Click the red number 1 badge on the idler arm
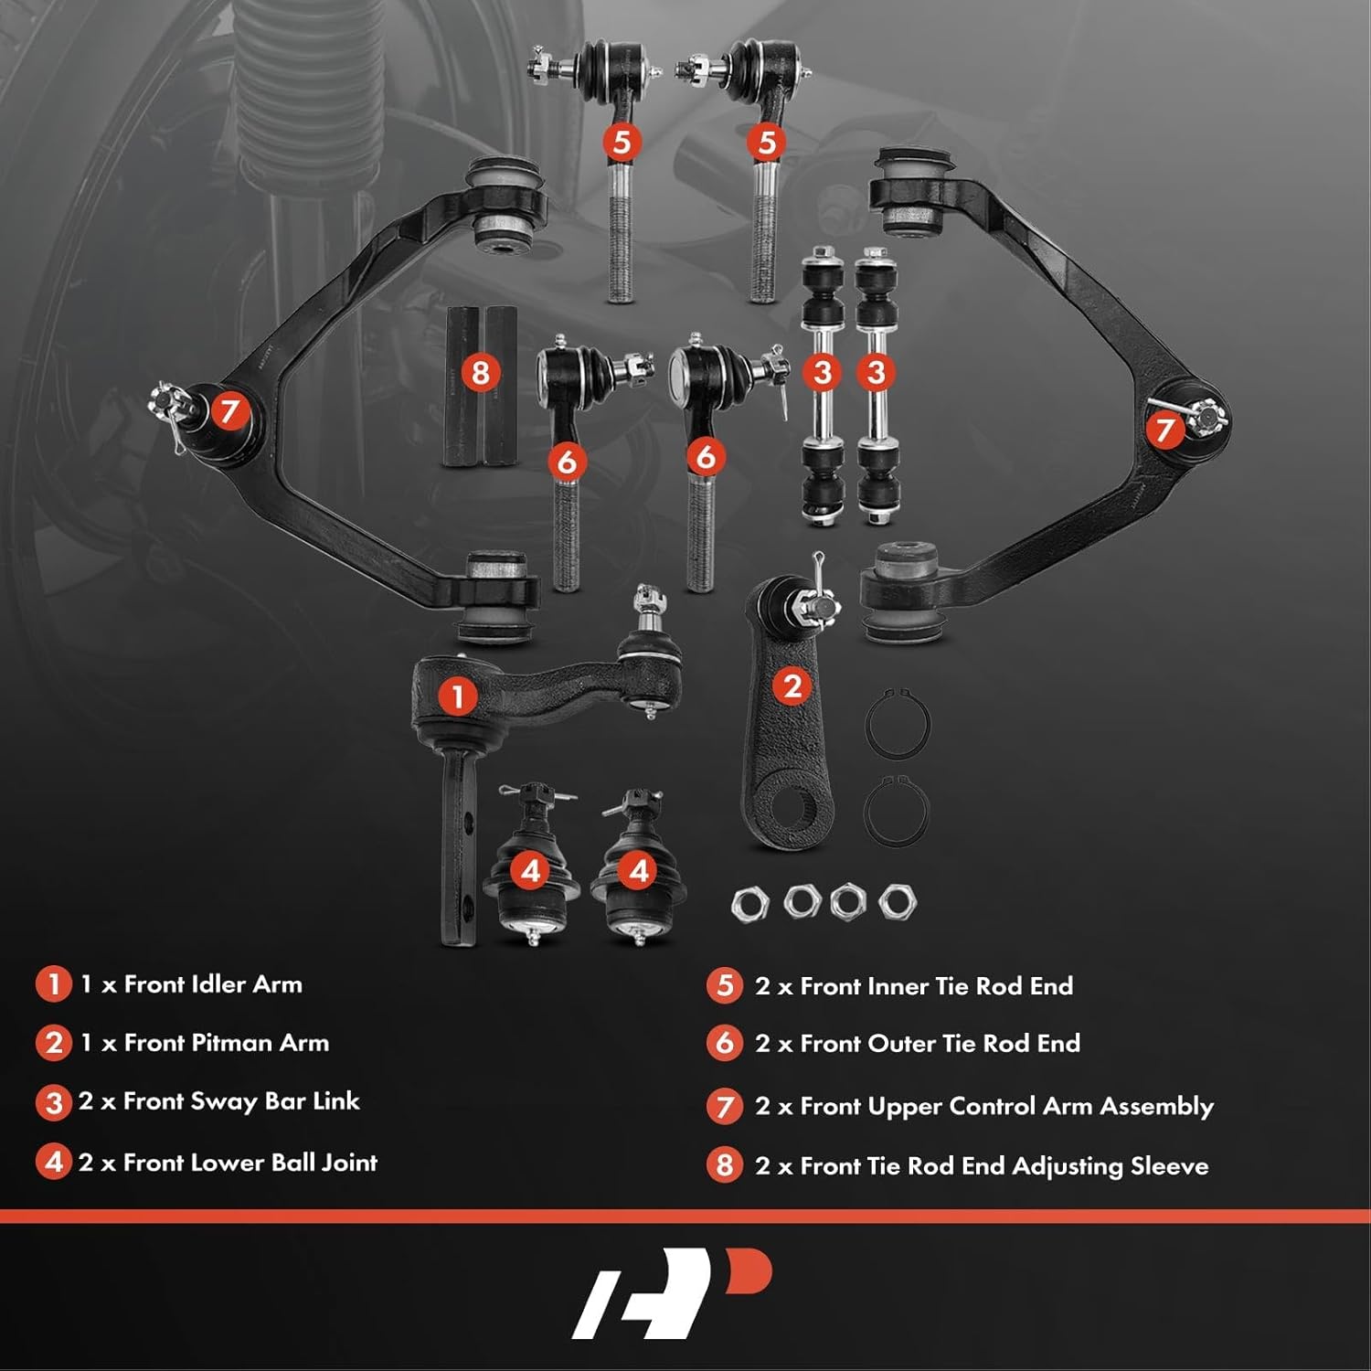click(457, 697)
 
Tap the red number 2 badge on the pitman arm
click(792, 685)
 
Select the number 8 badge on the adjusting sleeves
click(481, 372)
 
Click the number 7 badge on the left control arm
click(229, 410)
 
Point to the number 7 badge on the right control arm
click(1164, 430)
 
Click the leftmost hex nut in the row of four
click(749, 904)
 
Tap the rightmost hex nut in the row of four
click(897, 902)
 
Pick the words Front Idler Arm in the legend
click(212, 984)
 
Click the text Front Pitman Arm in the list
click(226, 1043)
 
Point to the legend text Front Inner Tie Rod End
click(936, 986)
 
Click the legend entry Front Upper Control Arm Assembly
click(1006, 1107)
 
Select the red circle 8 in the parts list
click(725, 1165)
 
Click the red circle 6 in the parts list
click(725, 1044)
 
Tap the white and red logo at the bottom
click(672, 1291)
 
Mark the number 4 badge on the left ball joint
click(531, 871)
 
